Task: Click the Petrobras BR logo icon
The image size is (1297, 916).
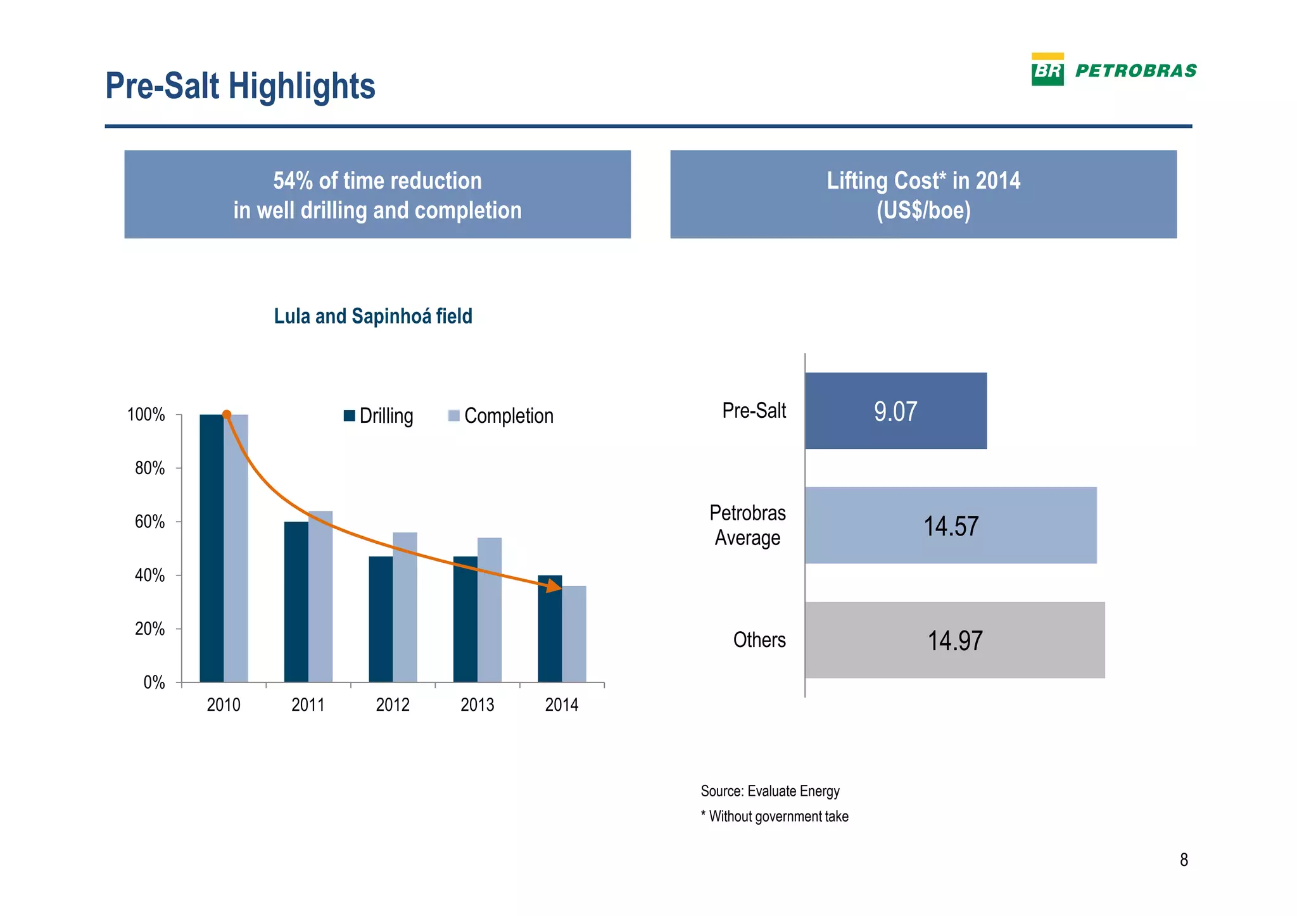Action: pyautogui.click(x=1047, y=70)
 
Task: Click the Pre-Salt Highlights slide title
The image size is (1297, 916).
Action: pyautogui.click(x=240, y=86)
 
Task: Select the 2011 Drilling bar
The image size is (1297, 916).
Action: pyautogui.click(x=296, y=601)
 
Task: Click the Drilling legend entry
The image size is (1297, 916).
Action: pyautogui.click(x=379, y=416)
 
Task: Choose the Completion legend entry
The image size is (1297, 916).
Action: pyautogui.click(x=500, y=416)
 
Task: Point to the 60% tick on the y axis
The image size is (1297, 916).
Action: pyautogui.click(x=150, y=522)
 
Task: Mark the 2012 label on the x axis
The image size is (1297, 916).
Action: pyautogui.click(x=393, y=705)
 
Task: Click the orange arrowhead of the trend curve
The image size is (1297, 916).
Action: pyautogui.click(x=555, y=587)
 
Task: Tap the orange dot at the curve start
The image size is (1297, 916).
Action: pyautogui.click(x=227, y=415)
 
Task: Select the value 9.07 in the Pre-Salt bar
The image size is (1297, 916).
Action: pyautogui.click(x=895, y=411)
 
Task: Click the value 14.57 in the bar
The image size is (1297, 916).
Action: pyautogui.click(x=951, y=526)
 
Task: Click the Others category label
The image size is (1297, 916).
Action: pyautogui.click(x=759, y=640)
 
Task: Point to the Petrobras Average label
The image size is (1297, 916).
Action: pyautogui.click(x=747, y=525)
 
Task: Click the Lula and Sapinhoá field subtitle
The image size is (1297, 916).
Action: pyautogui.click(x=373, y=316)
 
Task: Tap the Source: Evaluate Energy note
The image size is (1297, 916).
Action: pyautogui.click(x=769, y=791)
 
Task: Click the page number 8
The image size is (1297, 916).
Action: pyautogui.click(x=1184, y=860)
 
